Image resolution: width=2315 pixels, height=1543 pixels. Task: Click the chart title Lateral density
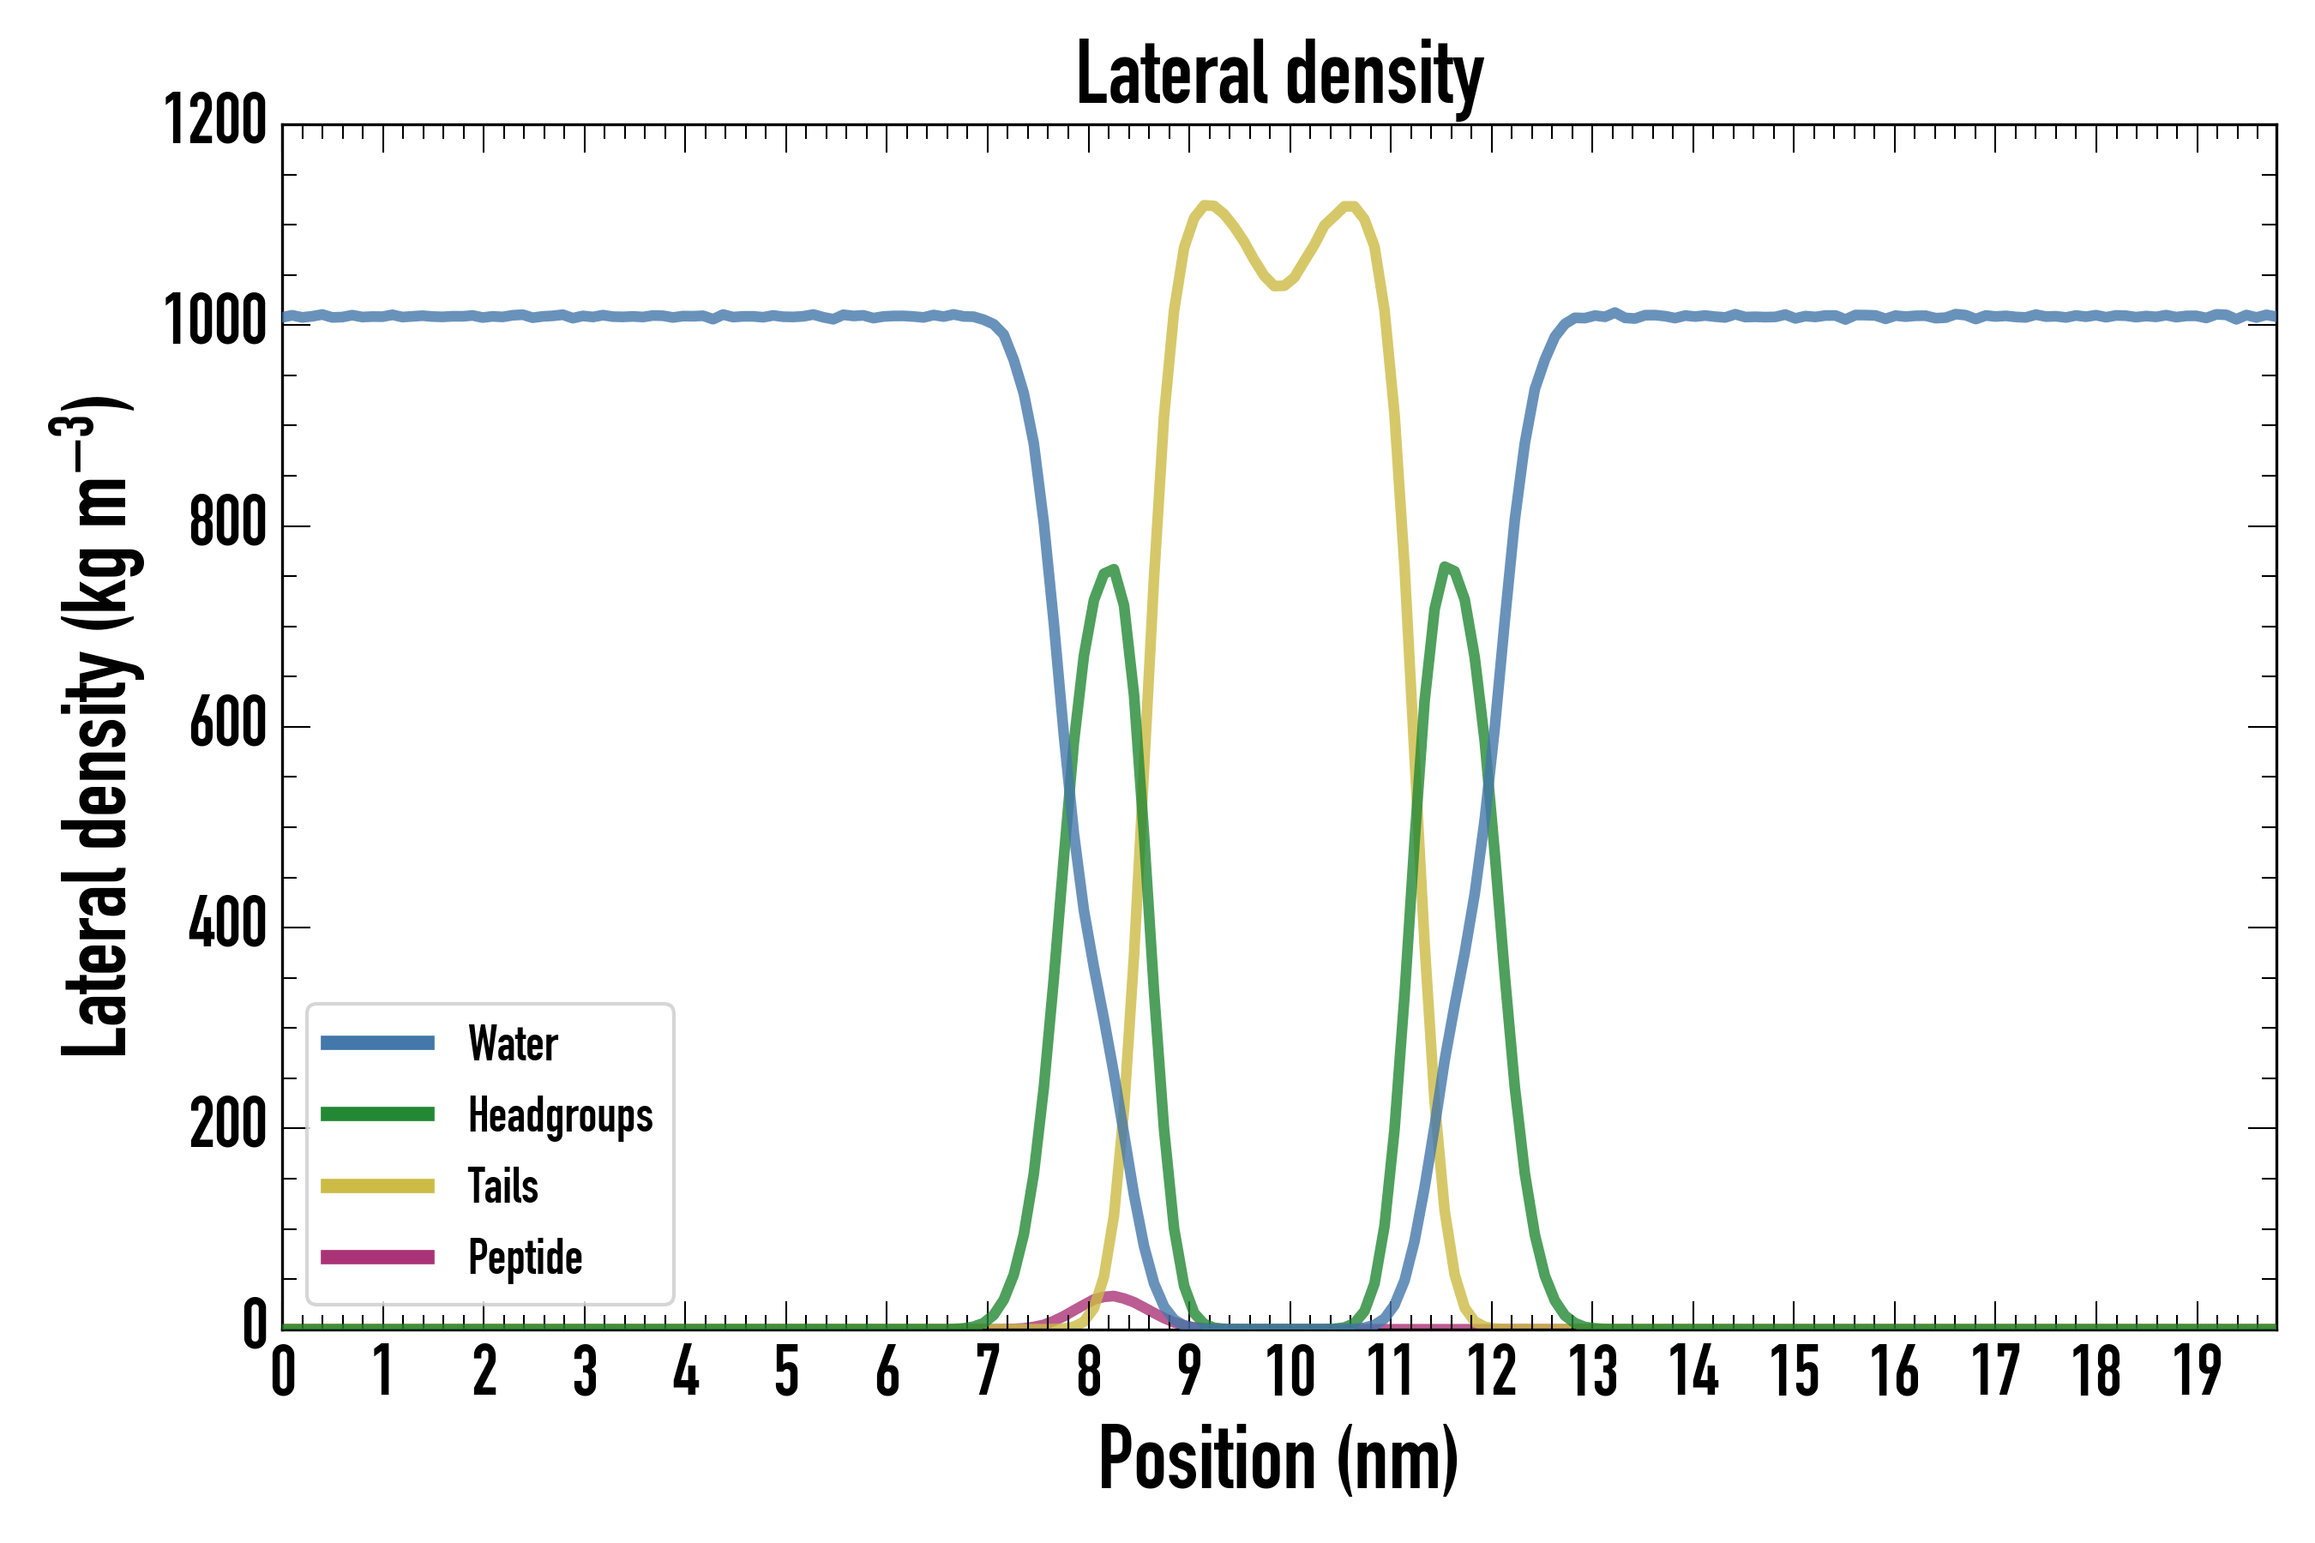[1279, 75]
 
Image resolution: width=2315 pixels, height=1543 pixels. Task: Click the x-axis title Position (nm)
[1278, 1458]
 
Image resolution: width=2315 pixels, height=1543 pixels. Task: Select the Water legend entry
[513, 1043]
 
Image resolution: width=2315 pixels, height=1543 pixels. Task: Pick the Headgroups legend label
[560, 1115]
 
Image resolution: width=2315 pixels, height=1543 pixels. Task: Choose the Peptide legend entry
[525, 1258]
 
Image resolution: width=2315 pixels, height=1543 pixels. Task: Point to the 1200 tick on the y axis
[214, 122]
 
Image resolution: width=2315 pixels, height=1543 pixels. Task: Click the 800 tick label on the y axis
[227, 524]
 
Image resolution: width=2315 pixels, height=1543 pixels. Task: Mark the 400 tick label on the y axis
[227, 925]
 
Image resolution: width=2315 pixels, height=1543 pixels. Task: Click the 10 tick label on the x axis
[1290, 1372]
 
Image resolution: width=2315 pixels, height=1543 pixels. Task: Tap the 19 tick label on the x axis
[2197, 1372]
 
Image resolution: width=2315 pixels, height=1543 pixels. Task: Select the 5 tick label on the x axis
[786, 1372]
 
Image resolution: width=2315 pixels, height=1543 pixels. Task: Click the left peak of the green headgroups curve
[1113, 569]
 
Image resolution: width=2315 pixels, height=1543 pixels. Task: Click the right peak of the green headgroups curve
[1444, 566]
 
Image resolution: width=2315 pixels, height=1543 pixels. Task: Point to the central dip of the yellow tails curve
[1278, 286]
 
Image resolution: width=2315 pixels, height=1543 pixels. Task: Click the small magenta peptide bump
[1111, 1296]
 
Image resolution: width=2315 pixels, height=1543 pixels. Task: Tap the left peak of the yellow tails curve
[1205, 204]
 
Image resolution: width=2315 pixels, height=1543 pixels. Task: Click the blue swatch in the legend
[378, 1043]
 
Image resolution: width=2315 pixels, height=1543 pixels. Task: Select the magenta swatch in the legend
[378, 1258]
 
